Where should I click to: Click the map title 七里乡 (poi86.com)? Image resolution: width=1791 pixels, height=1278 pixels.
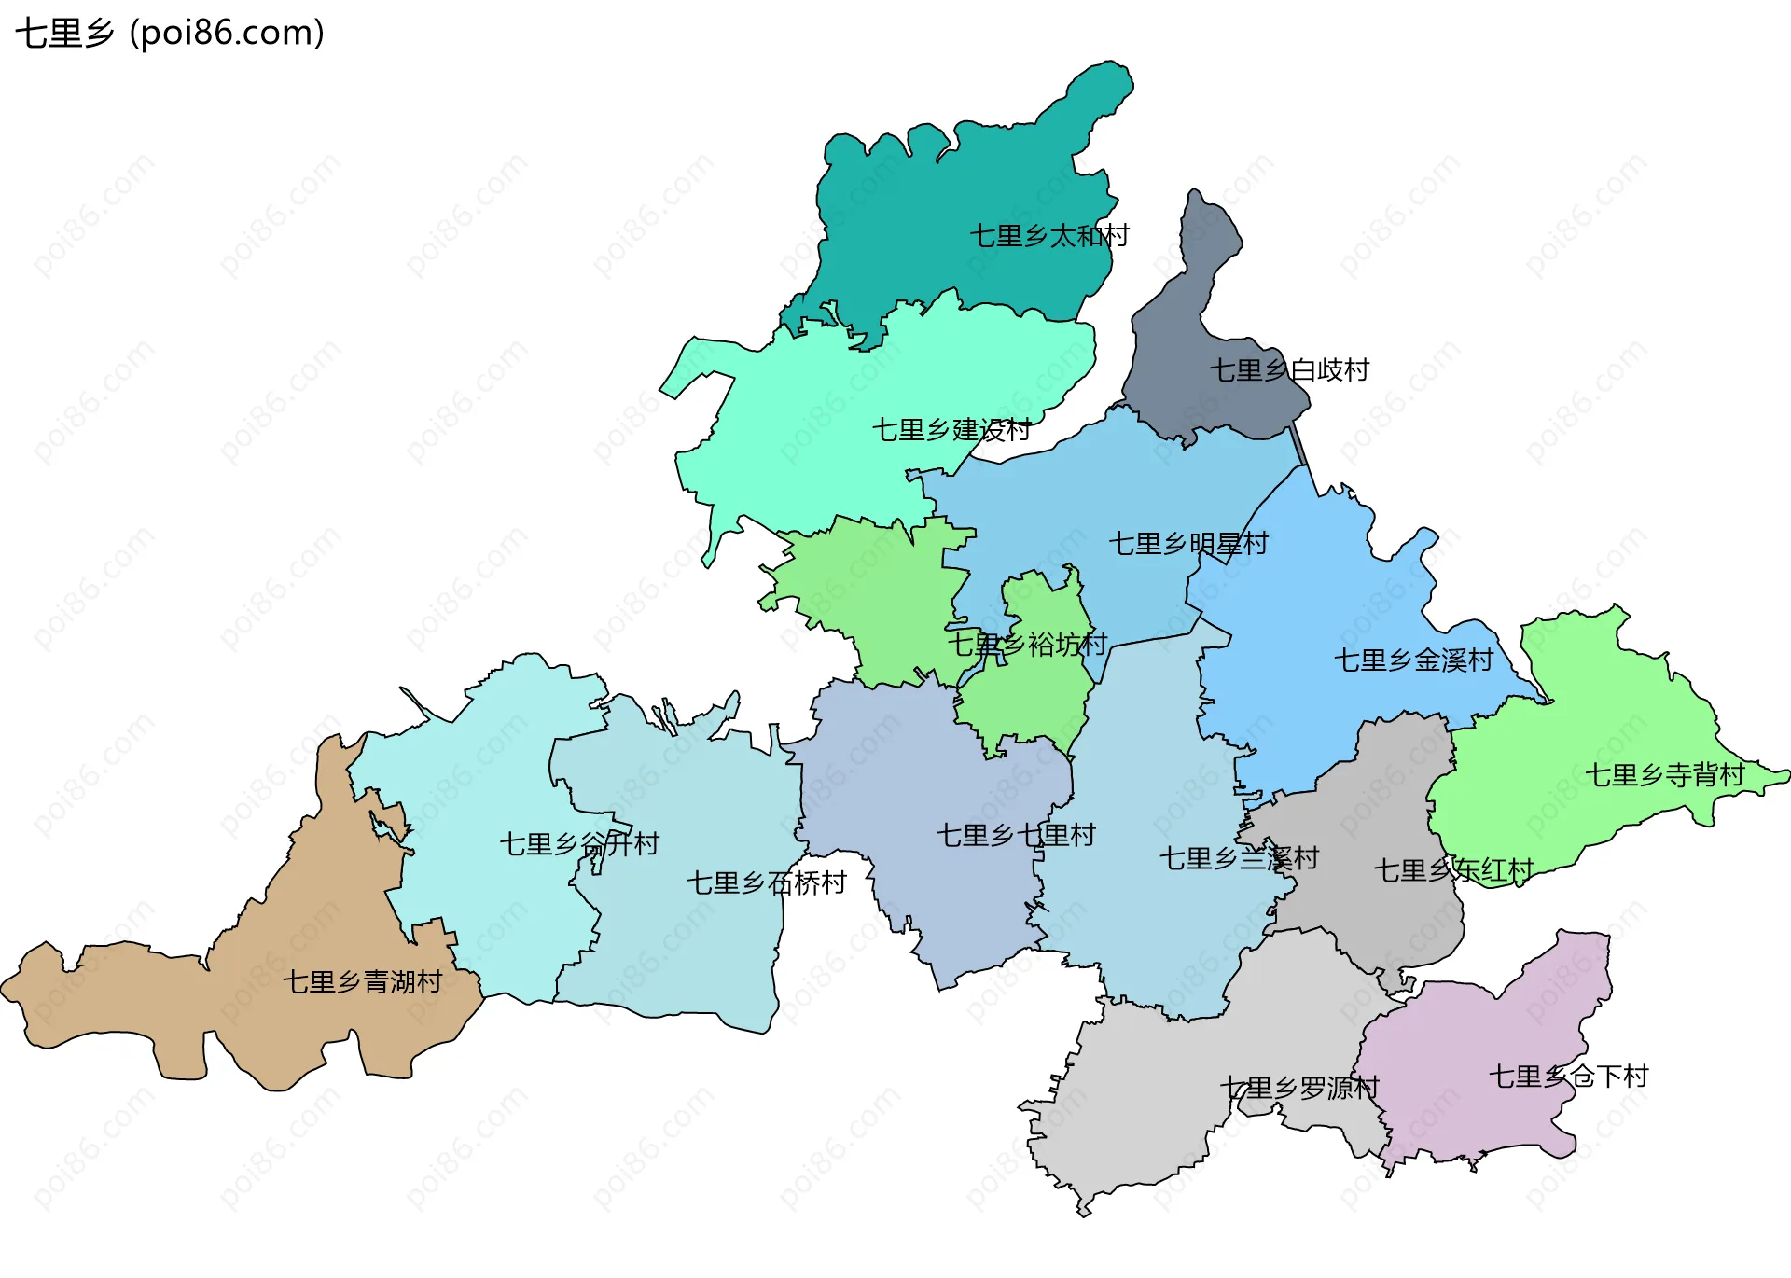click(170, 34)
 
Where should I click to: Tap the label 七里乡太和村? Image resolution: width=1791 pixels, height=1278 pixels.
click(1049, 236)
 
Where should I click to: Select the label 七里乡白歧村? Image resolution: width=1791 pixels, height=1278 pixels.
click(1289, 370)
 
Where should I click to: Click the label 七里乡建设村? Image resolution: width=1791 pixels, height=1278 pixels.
click(951, 430)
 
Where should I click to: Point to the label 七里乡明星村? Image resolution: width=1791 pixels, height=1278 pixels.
click(1188, 544)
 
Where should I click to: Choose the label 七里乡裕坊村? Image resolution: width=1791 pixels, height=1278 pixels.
click(1027, 645)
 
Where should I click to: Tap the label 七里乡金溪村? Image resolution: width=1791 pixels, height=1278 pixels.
click(1413, 660)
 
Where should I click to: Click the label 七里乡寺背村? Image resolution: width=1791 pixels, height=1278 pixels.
click(1664, 775)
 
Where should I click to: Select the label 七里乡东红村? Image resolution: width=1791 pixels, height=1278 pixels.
click(1453, 871)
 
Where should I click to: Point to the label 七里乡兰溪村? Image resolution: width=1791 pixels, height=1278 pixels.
click(1239, 858)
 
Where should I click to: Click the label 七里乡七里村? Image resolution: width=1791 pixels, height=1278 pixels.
click(1016, 836)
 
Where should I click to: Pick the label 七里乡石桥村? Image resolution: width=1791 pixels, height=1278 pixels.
click(767, 883)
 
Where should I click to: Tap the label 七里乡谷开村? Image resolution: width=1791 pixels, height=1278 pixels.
click(579, 845)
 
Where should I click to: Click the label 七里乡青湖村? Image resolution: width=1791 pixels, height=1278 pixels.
click(363, 982)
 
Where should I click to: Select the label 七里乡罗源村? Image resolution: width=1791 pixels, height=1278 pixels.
click(1299, 1089)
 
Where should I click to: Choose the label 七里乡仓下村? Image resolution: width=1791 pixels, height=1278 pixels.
click(1569, 1077)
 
